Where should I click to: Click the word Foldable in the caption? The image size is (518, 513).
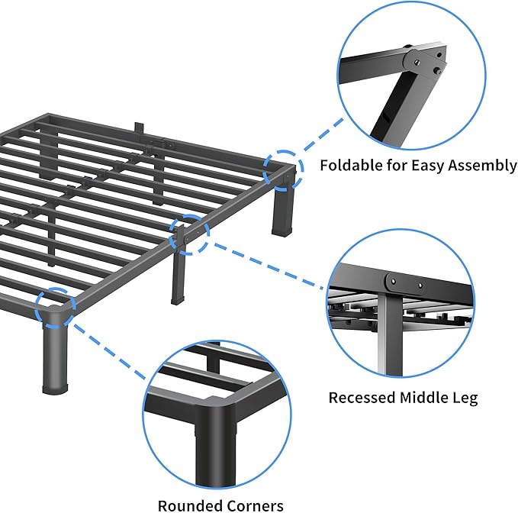pyautogui.click(x=346, y=165)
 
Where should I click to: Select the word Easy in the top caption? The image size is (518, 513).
pyautogui.click(x=421, y=165)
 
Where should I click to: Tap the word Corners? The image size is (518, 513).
pyautogui.click(x=256, y=505)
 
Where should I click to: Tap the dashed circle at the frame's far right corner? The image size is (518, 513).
pyautogui.click(x=284, y=169)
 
